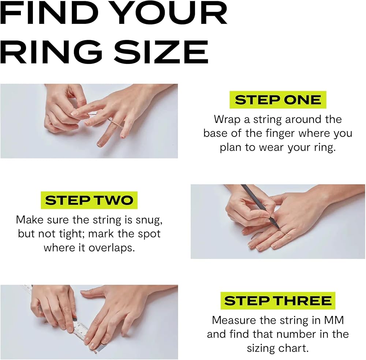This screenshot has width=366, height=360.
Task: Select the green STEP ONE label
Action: point(278,100)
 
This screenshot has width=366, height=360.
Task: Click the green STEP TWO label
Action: point(89,200)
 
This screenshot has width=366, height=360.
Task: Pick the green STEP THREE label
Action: point(278,300)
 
